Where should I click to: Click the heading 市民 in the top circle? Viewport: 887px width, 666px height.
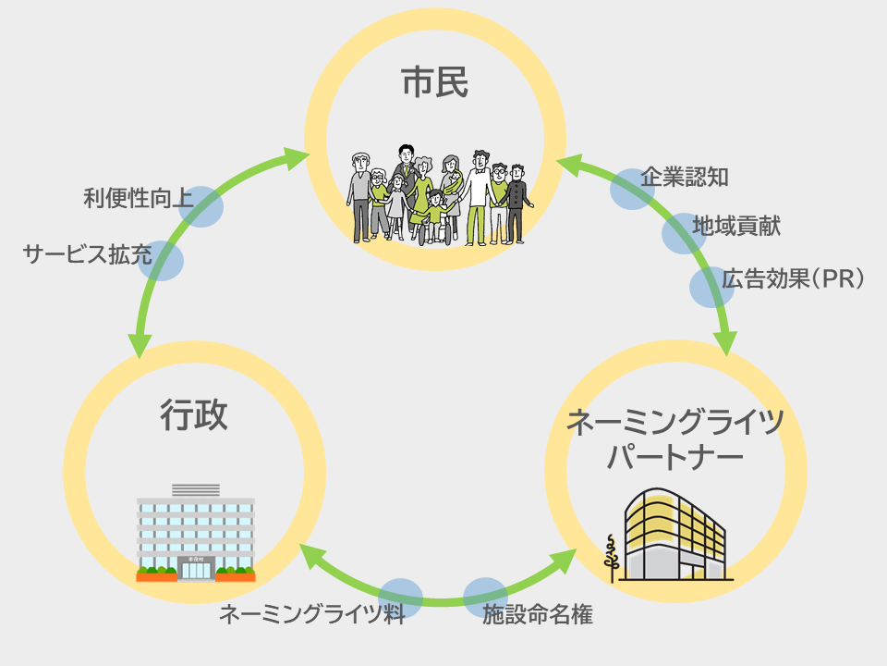(435, 83)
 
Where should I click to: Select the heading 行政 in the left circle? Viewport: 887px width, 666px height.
(194, 415)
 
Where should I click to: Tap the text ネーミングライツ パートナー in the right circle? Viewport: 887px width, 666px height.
(674, 439)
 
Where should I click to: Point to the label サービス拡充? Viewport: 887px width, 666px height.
(88, 254)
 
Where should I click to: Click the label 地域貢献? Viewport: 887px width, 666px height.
(736, 225)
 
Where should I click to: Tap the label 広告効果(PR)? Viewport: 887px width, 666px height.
(793, 278)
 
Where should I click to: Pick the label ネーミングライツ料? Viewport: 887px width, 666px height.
(312, 614)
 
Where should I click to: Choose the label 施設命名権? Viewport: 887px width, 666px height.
(537, 614)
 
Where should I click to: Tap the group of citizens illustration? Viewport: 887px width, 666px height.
(436, 196)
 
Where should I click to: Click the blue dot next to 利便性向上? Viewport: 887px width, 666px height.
(201, 206)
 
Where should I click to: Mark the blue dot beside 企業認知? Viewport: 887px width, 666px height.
(632, 189)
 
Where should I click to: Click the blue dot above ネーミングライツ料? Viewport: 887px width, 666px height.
(401, 598)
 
